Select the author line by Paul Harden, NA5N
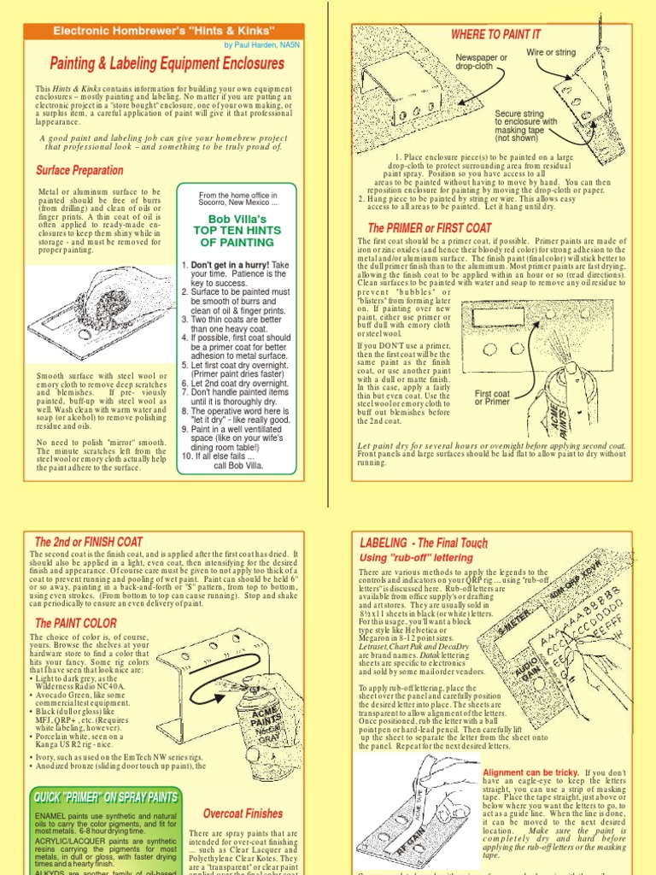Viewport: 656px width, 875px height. [x=268, y=44]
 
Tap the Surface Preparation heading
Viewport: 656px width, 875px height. [x=79, y=170]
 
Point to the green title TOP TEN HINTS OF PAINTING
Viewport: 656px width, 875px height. [x=232, y=231]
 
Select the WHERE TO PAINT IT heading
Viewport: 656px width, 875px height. [x=495, y=34]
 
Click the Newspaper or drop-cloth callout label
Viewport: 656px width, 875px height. [x=481, y=62]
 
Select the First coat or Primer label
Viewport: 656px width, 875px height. [x=492, y=397]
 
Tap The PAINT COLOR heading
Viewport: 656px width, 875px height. [x=75, y=624]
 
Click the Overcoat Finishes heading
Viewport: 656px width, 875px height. [x=243, y=813]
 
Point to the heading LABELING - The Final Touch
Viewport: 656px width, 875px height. [x=424, y=543]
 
